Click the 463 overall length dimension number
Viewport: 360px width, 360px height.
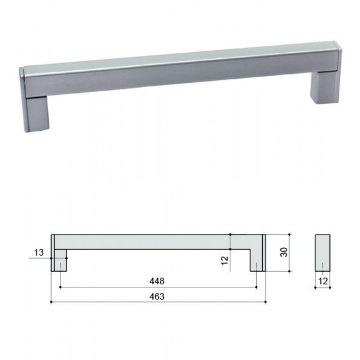tap(157, 296)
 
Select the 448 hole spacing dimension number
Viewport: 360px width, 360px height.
tap(157, 281)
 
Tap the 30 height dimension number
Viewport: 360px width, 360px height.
tap(284, 252)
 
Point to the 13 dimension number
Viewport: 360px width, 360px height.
tap(39, 253)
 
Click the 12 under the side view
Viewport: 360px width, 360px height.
tap(323, 281)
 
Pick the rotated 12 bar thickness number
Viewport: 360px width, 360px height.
tap(225, 260)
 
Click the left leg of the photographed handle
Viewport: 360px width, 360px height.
tap(37, 114)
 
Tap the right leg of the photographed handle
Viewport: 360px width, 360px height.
tap(325, 88)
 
